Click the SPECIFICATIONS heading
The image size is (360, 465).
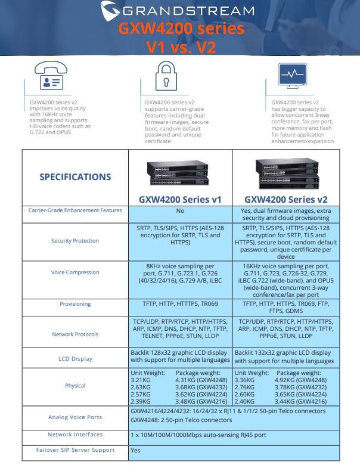75,176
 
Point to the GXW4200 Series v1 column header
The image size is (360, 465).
180,199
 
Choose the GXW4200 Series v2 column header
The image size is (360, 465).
285,199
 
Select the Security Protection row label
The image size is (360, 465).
75,241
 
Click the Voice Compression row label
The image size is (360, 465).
75,272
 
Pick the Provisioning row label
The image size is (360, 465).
75,304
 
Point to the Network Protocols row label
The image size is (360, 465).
75,334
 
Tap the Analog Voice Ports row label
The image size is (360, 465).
75,417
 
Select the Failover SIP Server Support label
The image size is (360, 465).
75,450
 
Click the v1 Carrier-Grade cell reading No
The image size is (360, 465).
180,210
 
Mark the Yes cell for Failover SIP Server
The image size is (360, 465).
135,450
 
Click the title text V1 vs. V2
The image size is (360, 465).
181,46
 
